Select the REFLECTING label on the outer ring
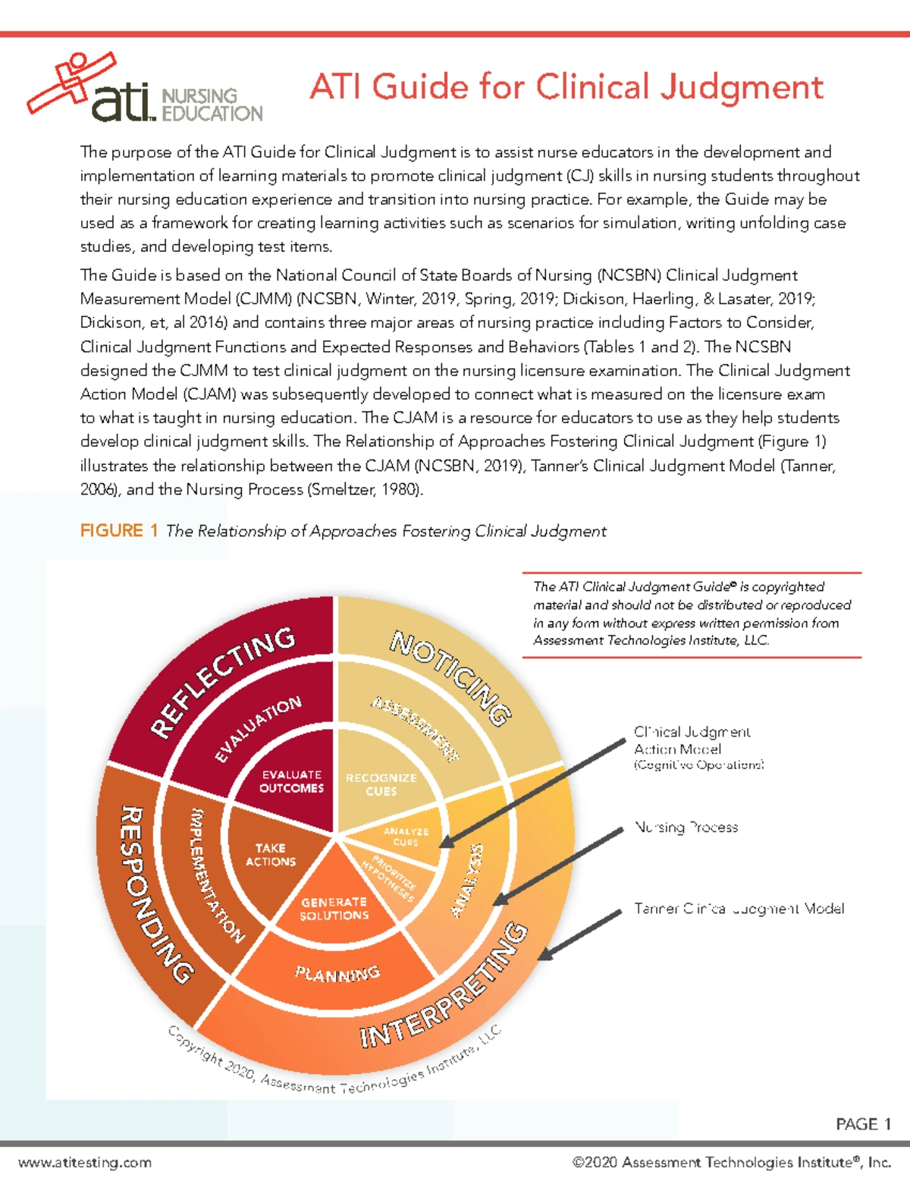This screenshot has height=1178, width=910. pos(222,680)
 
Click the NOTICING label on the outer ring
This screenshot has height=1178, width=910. pos(451,677)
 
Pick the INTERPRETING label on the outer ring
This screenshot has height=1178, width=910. pos(444,986)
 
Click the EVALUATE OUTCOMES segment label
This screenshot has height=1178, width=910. pos(291,781)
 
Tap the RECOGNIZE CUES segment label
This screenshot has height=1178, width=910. pos(381,784)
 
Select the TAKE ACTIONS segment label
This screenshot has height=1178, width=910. pos(271,855)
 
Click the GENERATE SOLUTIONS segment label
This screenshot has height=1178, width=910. pos(334,909)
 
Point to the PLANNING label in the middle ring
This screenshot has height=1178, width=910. pos(337,973)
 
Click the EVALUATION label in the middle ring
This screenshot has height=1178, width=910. pos(258,728)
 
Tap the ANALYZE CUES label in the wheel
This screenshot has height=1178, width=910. pos(406,837)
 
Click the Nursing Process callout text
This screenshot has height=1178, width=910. pos(686,828)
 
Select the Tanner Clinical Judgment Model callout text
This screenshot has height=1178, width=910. pos(739,909)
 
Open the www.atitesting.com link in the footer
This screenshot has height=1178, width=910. pos(85,1162)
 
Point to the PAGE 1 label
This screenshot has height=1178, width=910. pos(863,1123)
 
